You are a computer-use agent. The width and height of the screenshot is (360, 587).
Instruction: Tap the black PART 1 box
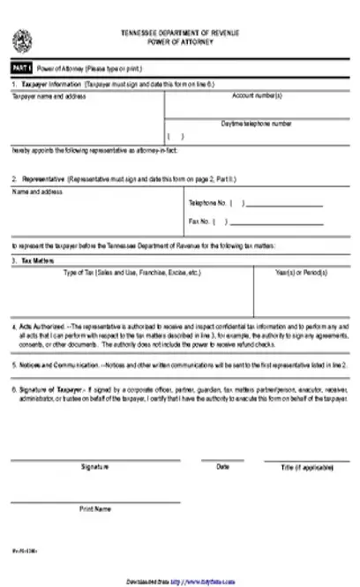coord(20,68)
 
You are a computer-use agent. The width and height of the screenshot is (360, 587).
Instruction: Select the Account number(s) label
coord(257,95)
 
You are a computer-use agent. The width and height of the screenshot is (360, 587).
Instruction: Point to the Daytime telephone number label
coord(256,124)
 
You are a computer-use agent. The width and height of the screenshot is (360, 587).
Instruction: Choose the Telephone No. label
coord(206,202)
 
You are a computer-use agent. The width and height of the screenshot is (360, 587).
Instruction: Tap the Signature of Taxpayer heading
coord(53,388)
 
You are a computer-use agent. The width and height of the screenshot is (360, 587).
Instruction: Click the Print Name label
coord(95,508)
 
